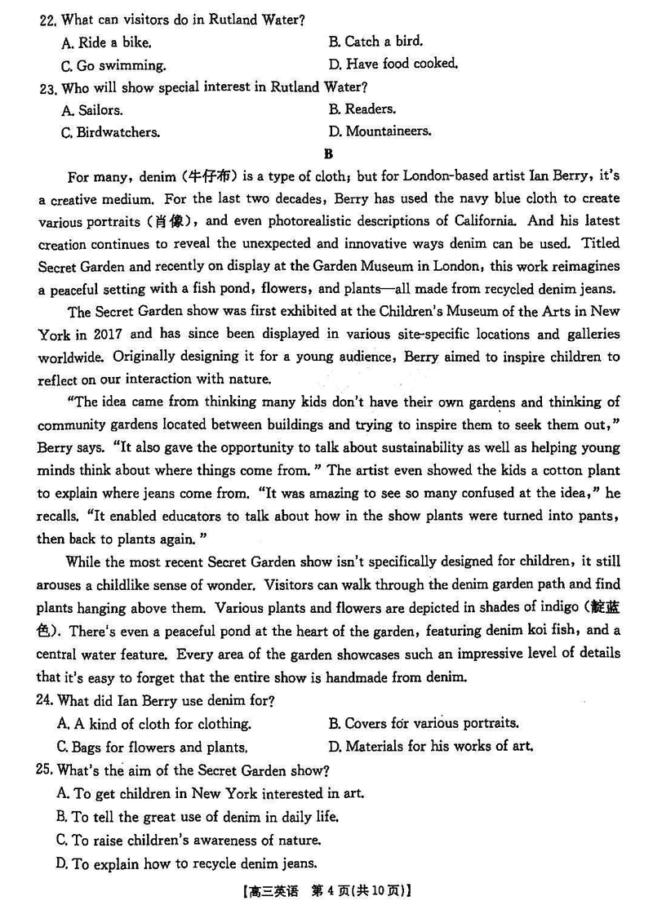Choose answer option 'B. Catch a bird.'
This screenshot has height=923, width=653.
[375, 41]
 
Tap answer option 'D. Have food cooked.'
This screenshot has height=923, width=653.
[393, 64]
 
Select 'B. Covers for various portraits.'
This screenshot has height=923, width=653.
[423, 723]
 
